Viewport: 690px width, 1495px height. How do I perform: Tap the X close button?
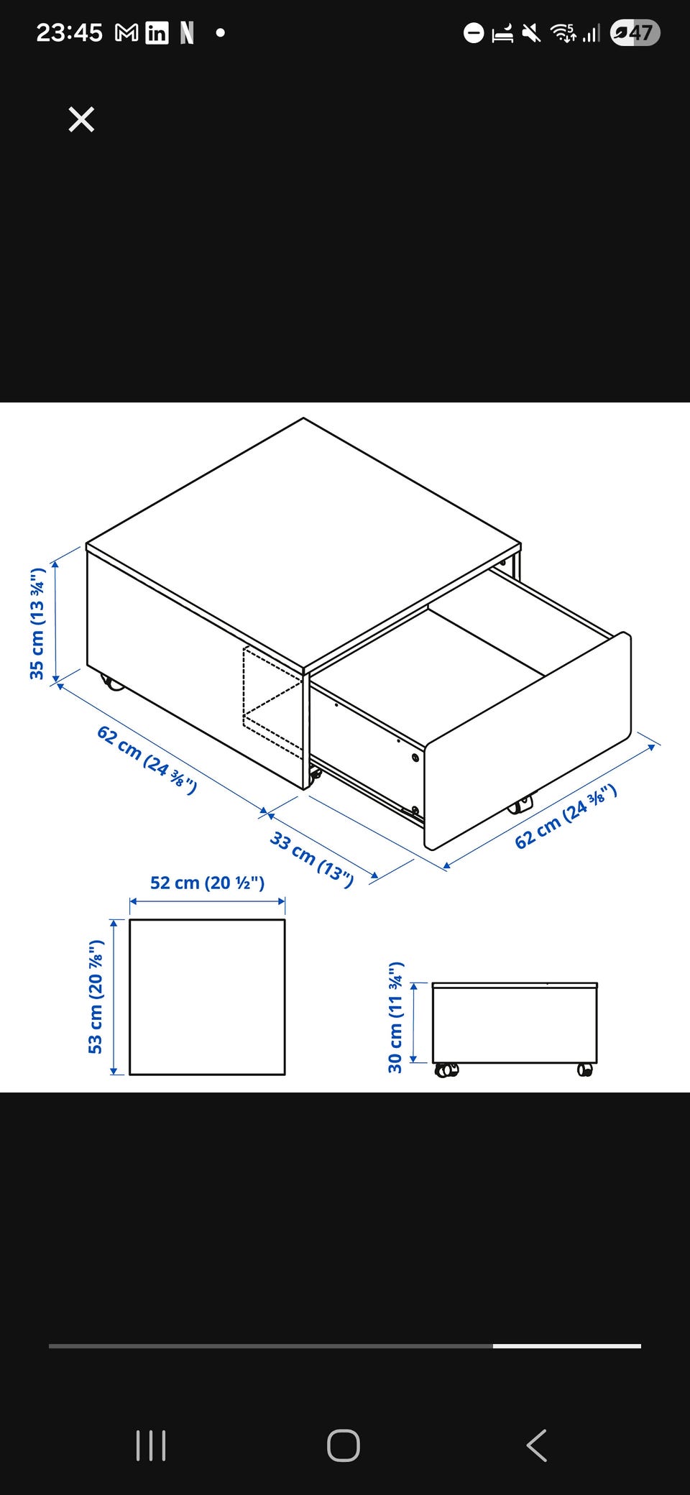81,119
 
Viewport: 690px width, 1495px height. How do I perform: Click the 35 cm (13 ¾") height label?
37,623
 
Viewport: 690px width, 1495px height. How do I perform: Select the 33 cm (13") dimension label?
312,860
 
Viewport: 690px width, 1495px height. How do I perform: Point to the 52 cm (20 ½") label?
207,883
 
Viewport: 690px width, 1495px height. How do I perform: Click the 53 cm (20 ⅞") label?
96,997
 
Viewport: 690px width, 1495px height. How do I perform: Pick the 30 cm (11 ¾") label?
395,1017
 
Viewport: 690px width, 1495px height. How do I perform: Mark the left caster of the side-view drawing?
446,1070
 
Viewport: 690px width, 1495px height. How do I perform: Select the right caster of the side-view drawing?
585,1070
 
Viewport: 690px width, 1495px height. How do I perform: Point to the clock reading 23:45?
70,32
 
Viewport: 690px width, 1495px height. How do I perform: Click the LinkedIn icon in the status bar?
157,33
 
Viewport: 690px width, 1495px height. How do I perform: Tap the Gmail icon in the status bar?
126,33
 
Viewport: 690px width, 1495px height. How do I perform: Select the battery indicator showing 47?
635,32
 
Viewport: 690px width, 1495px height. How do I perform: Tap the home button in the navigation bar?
344,1445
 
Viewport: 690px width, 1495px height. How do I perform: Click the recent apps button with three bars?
151,1445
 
